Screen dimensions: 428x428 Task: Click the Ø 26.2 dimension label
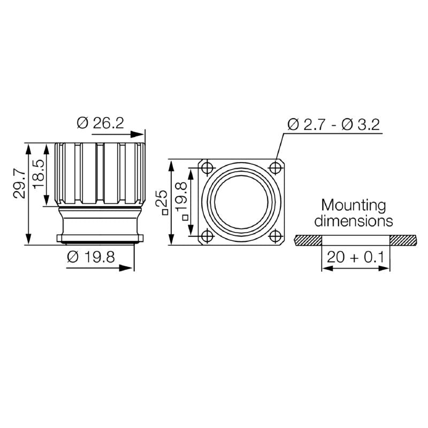point(100,123)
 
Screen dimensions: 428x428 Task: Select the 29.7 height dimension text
point(19,184)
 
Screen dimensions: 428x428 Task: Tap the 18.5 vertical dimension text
point(38,173)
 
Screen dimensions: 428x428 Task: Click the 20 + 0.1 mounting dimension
point(355,257)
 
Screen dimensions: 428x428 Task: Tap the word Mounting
point(353,205)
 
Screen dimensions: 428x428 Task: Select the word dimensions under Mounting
point(353,220)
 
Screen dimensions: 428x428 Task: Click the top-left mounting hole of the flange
point(208,168)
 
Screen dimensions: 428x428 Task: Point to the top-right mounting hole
point(276,168)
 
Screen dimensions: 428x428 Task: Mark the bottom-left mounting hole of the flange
point(208,236)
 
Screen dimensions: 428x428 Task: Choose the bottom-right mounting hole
point(276,236)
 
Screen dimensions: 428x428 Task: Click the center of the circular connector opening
point(241,202)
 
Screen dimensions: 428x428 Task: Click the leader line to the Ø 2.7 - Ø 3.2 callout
point(279,147)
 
